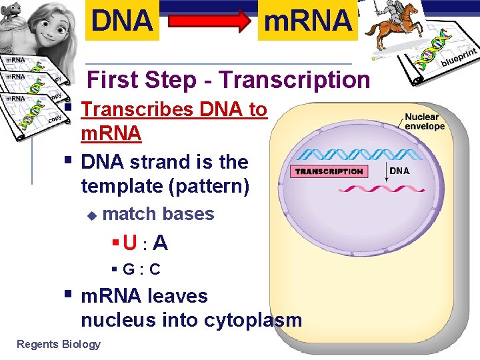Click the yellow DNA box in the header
pyautogui.click(x=122, y=21)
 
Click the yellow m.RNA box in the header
pyautogui.click(x=308, y=21)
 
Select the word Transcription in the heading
pyautogui.click(x=294, y=80)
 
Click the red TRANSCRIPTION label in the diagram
pyautogui.click(x=329, y=171)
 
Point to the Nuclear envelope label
pyautogui.click(x=424, y=121)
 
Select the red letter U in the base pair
pyautogui.click(x=131, y=243)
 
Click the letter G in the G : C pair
pyautogui.click(x=130, y=269)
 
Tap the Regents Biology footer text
pyautogui.click(x=59, y=345)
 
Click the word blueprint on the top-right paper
pyautogui.click(x=459, y=57)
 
